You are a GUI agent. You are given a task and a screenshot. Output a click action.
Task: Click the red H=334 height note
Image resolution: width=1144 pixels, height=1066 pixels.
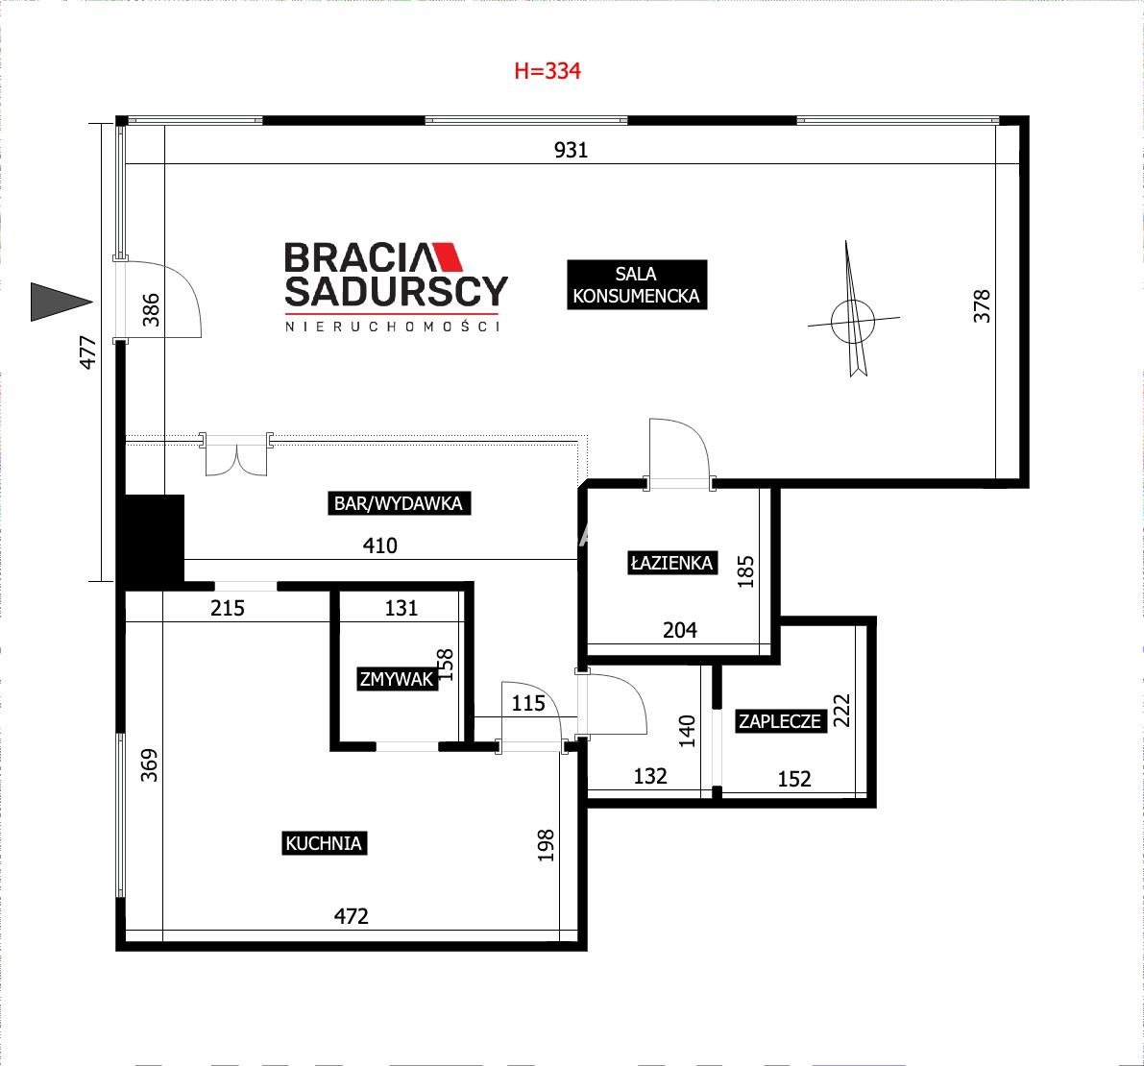click(x=548, y=71)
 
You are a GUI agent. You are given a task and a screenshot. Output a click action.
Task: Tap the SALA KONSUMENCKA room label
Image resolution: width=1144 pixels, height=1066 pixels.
click(x=637, y=284)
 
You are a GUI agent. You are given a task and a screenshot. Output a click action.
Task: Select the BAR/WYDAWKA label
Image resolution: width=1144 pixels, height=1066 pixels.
click(x=399, y=503)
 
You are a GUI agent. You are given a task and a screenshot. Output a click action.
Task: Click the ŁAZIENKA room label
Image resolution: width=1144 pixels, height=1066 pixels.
click(x=672, y=563)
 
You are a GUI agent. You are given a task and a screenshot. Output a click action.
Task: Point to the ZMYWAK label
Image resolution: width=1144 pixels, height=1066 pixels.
click(x=397, y=679)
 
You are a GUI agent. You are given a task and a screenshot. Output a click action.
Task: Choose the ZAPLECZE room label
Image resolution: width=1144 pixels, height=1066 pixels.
click(x=780, y=721)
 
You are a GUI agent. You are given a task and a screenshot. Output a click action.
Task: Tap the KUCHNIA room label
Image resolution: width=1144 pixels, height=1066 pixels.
click(x=324, y=843)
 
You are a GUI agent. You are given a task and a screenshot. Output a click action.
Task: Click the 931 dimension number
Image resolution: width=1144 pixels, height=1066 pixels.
click(x=571, y=150)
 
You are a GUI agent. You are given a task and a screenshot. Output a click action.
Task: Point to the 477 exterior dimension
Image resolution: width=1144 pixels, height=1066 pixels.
click(x=87, y=352)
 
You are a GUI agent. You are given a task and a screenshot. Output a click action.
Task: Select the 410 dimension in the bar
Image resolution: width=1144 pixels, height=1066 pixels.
click(x=380, y=545)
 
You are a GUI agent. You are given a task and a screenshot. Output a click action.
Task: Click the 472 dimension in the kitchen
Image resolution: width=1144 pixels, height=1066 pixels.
click(x=351, y=915)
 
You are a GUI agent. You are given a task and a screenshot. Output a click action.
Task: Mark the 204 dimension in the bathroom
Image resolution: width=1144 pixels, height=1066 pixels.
click(x=680, y=630)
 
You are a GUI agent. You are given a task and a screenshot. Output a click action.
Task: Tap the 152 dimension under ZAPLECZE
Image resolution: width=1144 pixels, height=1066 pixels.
click(x=794, y=779)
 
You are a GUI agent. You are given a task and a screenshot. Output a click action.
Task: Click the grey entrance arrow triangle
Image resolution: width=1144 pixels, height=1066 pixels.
click(x=61, y=302)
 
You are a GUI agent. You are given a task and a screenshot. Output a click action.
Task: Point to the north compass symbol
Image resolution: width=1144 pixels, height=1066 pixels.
click(x=853, y=314)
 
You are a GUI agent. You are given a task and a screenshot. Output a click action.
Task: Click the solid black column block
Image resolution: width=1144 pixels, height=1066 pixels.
click(x=151, y=541)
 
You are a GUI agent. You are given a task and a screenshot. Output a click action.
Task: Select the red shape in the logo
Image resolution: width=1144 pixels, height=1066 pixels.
click(x=448, y=256)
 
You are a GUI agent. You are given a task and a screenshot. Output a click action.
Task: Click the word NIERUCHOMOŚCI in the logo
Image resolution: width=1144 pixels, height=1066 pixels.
click(x=393, y=327)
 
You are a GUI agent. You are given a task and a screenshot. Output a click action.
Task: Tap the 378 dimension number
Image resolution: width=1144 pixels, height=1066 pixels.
click(x=982, y=306)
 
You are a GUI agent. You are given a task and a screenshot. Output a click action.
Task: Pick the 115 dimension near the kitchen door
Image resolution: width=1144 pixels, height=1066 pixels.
click(x=528, y=703)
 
